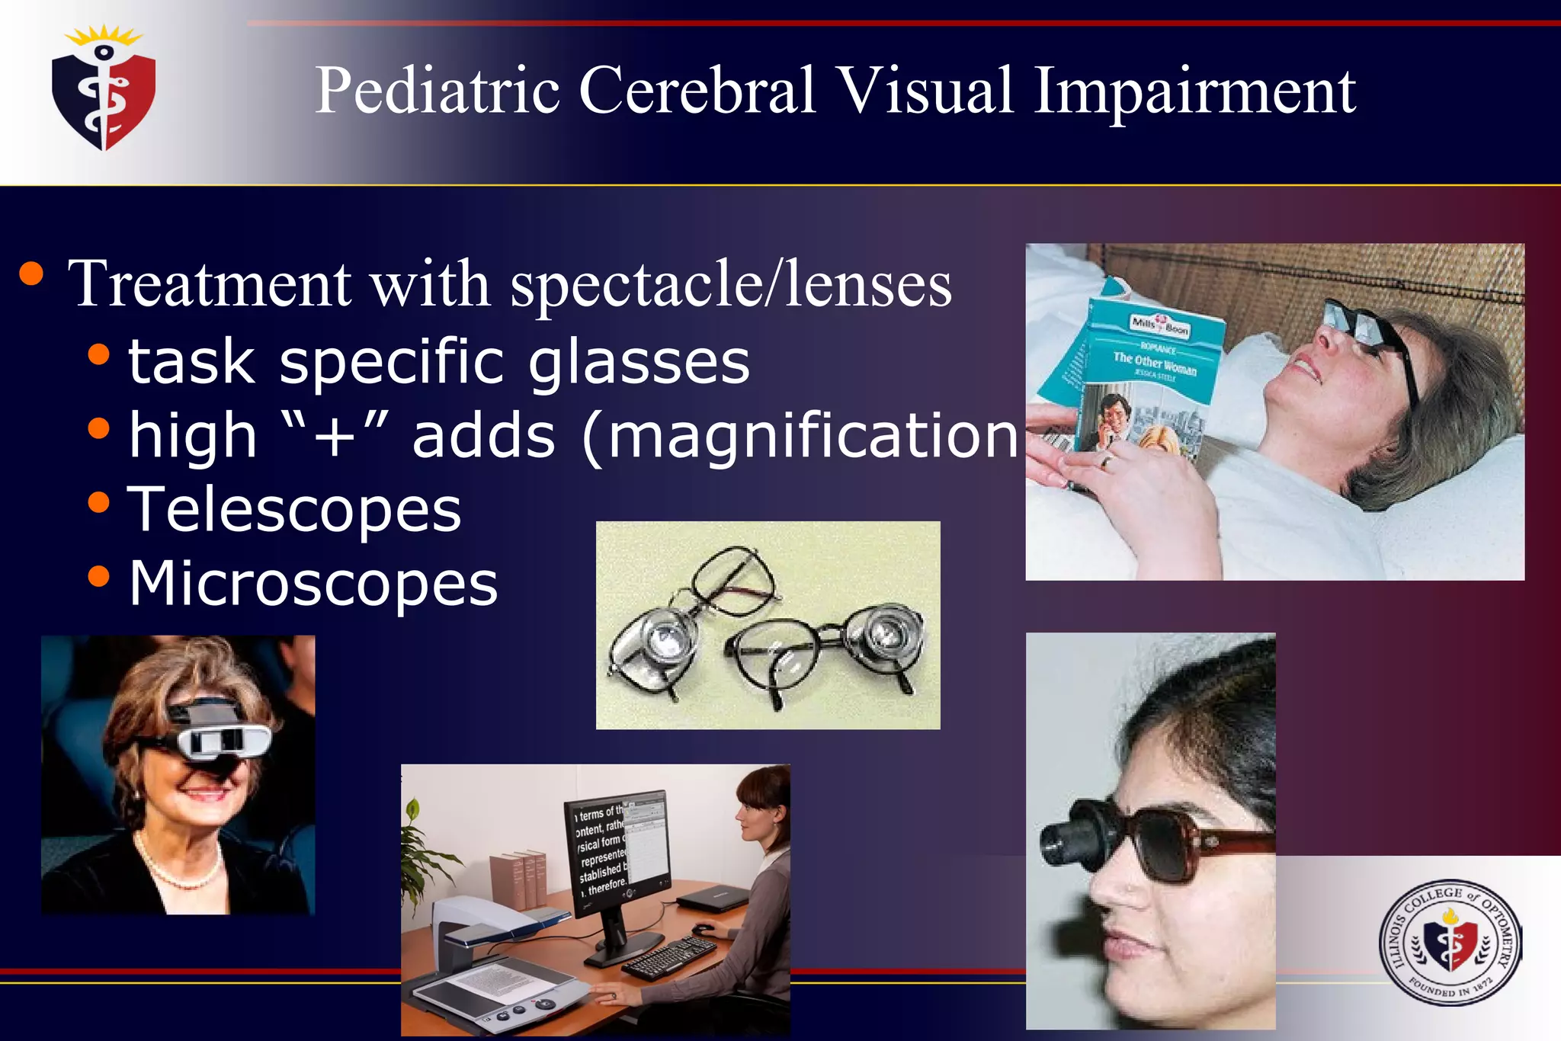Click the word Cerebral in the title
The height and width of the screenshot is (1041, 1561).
[x=697, y=91]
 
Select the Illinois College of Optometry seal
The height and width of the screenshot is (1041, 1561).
[x=1449, y=942]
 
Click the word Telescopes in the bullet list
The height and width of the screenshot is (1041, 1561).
[x=294, y=509]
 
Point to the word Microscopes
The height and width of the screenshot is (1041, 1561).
[x=313, y=584]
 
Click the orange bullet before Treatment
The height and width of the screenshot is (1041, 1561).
[x=31, y=274]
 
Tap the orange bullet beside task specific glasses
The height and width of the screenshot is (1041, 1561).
[x=98, y=354]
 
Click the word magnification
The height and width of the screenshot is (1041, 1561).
[x=812, y=436]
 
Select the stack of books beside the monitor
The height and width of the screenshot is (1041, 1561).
[x=518, y=880]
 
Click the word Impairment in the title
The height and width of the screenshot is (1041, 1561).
[x=1194, y=91]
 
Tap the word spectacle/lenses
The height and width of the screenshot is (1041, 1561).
[x=730, y=284]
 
